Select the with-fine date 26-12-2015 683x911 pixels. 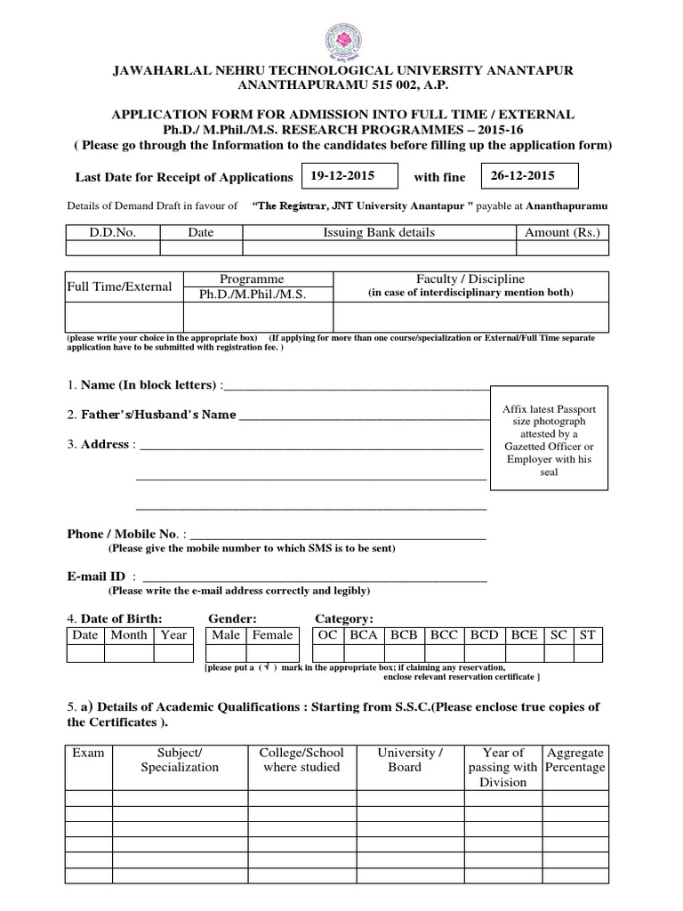coord(523,176)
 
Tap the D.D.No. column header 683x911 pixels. coord(112,232)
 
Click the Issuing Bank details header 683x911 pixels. coord(379,232)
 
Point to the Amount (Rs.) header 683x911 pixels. coord(563,232)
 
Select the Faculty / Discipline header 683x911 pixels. coord(470,278)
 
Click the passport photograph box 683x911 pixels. coord(549,439)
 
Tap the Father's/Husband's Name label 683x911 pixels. coord(158,415)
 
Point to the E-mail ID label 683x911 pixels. coord(96,576)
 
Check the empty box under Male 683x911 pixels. coord(227,654)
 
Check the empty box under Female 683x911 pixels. coord(271,654)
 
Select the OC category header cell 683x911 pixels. coord(328,635)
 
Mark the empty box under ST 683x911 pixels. coord(588,654)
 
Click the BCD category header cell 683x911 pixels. coord(484,635)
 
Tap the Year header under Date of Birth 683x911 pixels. coord(173,635)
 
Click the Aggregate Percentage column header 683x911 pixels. coord(575,760)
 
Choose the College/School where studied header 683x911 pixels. coord(301,760)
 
